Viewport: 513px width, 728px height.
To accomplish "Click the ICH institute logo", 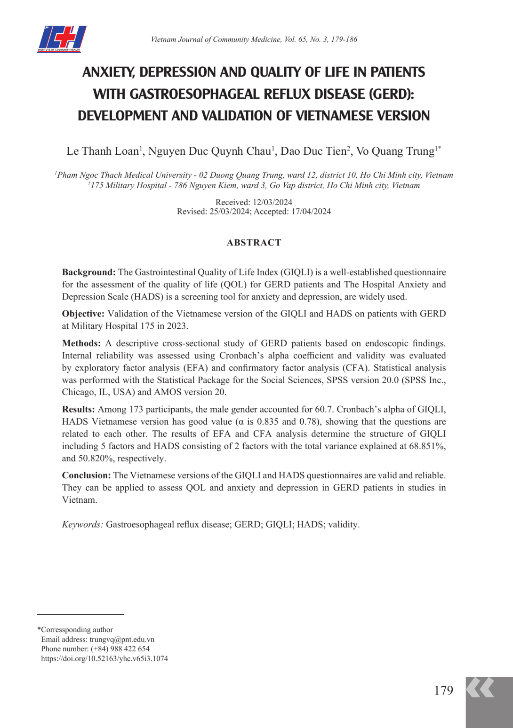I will click(62, 39).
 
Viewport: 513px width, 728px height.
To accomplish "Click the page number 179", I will click(443, 690).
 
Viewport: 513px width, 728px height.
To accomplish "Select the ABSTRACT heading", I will click(254, 243).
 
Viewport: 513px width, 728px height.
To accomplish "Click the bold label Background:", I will click(88, 272).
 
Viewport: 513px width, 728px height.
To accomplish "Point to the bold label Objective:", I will click(83, 314).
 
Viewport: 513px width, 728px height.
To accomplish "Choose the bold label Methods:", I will click(81, 343).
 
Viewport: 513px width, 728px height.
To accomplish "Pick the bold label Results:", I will click(79, 410).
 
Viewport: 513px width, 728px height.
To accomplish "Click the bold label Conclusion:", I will click(87, 475).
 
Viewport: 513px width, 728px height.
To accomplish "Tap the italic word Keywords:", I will click(82, 524).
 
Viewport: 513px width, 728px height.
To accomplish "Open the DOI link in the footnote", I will click(104, 658).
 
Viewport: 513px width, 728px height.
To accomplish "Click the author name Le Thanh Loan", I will click(103, 151).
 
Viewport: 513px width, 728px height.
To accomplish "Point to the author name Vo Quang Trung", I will click(395, 151).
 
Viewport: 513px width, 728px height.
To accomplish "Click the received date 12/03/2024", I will click(273, 202).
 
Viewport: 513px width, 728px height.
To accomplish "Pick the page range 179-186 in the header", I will click(344, 40).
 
